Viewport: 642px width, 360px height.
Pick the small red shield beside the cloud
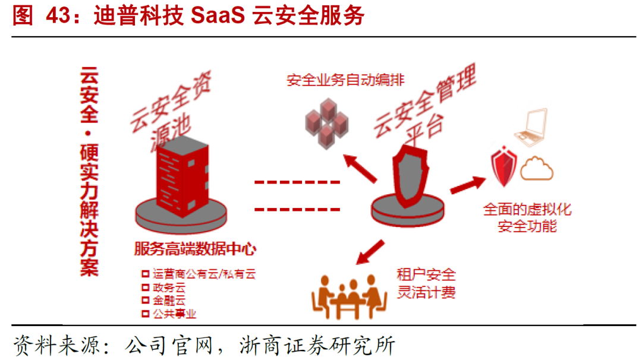(x=503, y=168)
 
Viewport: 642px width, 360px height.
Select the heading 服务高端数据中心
(x=195, y=248)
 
